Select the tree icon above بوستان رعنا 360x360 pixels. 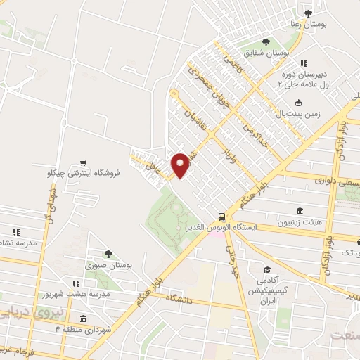[307, 12]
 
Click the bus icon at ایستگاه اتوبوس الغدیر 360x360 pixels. [222, 217]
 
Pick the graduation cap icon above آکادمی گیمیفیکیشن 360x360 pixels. [266, 269]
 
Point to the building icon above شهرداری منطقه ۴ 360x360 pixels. [84, 319]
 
